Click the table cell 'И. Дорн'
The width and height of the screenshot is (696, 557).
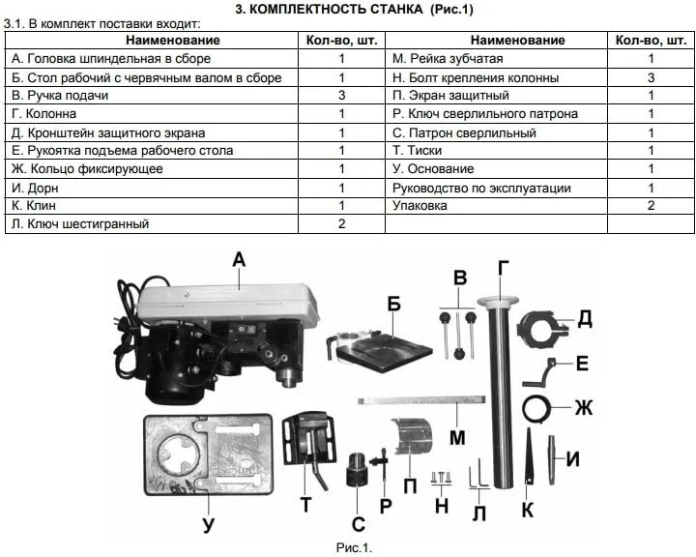[x=35, y=188]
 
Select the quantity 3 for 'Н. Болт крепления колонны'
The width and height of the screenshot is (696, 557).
[x=651, y=77]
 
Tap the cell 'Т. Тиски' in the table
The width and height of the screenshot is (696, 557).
[x=417, y=151]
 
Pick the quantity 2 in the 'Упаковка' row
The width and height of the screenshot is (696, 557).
[x=651, y=206]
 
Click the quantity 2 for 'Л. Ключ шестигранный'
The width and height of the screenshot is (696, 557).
[x=341, y=223]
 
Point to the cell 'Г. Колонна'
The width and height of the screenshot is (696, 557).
[x=43, y=114]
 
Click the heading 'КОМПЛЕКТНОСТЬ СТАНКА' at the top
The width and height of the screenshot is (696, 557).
[x=336, y=10]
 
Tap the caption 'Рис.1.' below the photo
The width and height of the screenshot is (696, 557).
[x=354, y=547]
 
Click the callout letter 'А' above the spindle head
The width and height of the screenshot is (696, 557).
[x=239, y=259]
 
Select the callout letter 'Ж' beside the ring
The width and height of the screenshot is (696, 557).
[x=583, y=407]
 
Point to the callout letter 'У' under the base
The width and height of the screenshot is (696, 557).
[x=208, y=524]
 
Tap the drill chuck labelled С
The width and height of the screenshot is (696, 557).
[x=357, y=470]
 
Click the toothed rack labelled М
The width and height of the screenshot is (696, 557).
[x=421, y=400]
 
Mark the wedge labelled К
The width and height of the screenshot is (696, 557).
[x=528, y=456]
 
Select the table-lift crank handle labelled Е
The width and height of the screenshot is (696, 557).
[x=539, y=373]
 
